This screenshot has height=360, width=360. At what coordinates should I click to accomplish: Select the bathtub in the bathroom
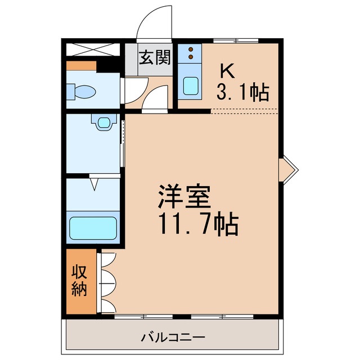[x=93, y=228]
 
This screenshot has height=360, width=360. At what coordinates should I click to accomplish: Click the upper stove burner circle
[x=191, y=49]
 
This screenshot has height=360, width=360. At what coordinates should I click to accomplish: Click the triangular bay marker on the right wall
[x=287, y=169]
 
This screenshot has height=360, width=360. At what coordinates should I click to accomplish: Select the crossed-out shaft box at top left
[x=92, y=49]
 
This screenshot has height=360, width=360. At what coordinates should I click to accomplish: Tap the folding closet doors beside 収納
[x=107, y=282]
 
